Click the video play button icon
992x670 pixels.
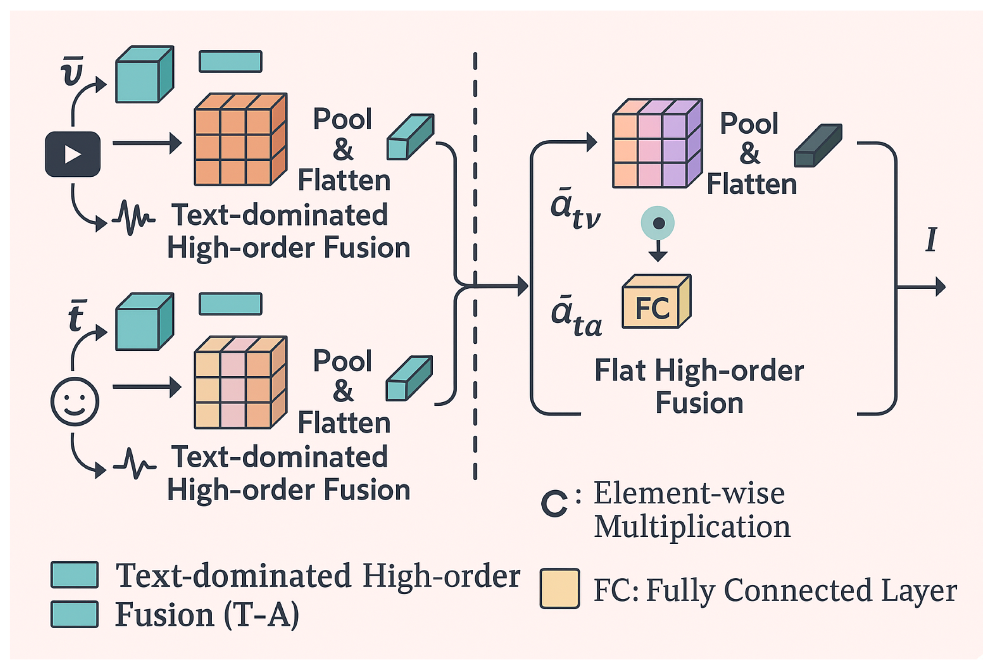click(73, 154)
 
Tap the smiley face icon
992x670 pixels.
click(75, 401)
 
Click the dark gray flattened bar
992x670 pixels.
click(817, 146)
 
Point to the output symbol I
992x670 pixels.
click(931, 240)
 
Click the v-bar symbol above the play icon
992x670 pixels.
click(72, 71)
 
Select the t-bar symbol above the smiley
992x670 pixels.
click(77, 316)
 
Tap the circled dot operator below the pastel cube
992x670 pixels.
click(658, 223)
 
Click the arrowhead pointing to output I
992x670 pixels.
click(940, 287)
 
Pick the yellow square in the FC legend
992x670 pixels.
click(559, 589)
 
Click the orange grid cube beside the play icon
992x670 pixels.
click(240, 140)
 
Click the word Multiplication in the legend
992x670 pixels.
click(692, 526)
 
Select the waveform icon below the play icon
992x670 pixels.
click(133, 218)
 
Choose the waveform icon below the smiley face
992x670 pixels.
click(135, 464)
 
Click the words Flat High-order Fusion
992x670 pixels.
click(699, 386)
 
